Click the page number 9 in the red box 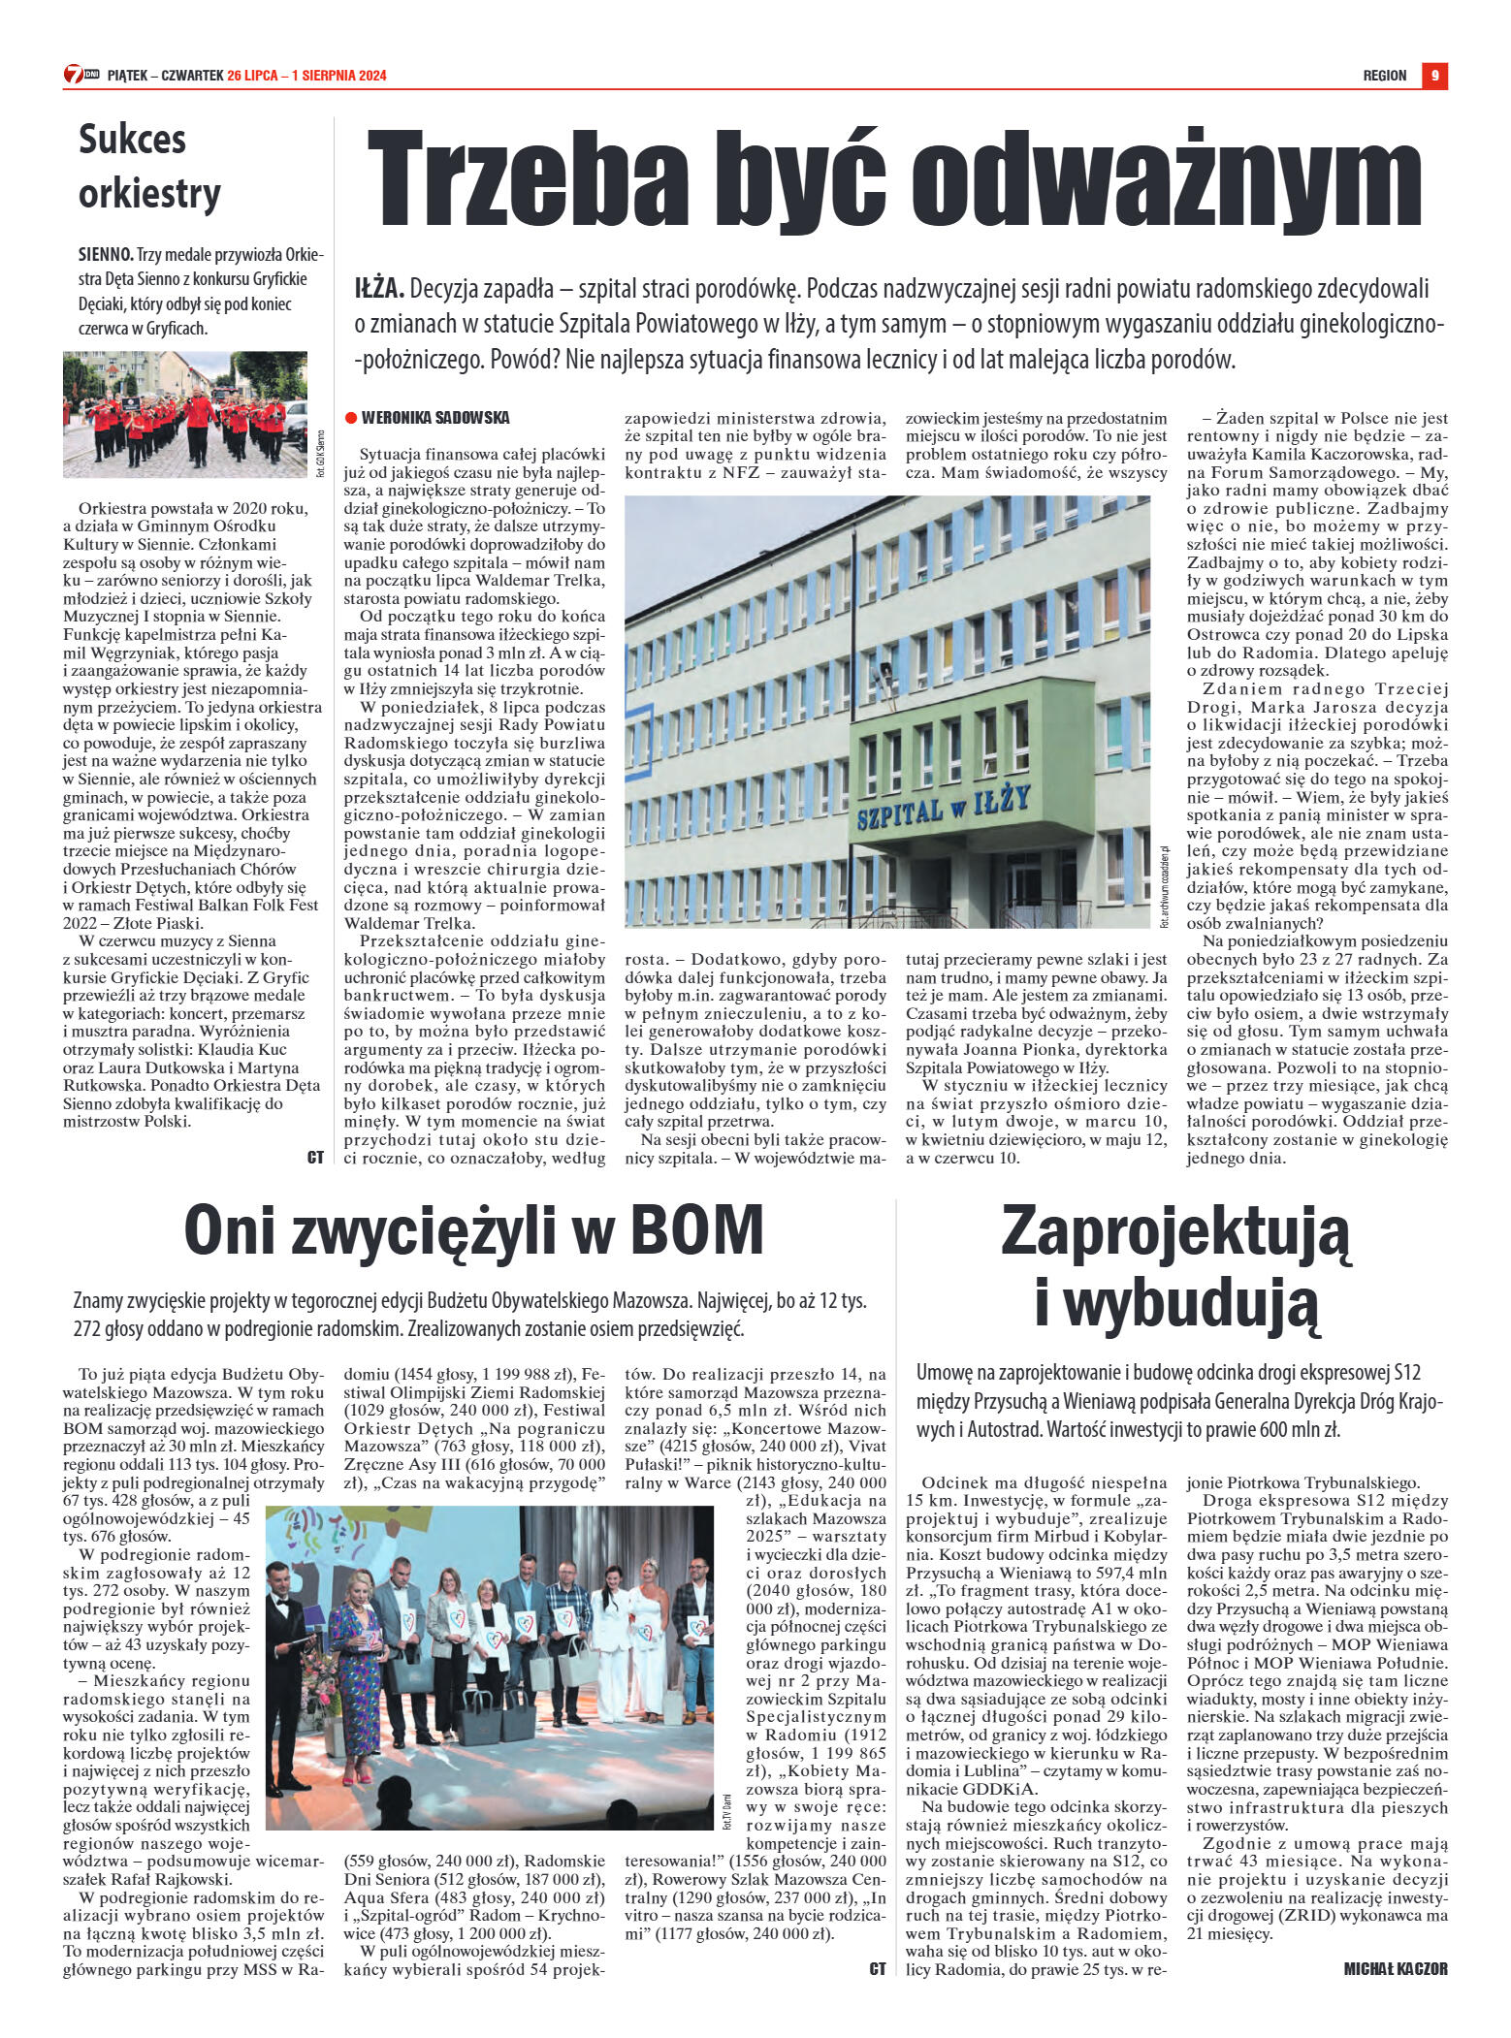pos(1434,76)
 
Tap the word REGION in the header pos(1384,76)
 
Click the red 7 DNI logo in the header pos(81,75)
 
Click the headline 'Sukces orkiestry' pos(149,166)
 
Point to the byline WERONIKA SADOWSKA pos(434,418)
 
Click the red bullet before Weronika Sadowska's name pos(351,418)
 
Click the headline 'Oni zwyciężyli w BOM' pos(473,1229)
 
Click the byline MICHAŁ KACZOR pos(1395,1969)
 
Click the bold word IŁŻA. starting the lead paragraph pos(379,289)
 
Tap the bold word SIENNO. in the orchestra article pos(106,256)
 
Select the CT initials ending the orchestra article pos(315,1157)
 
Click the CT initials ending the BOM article pos(878,1969)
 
